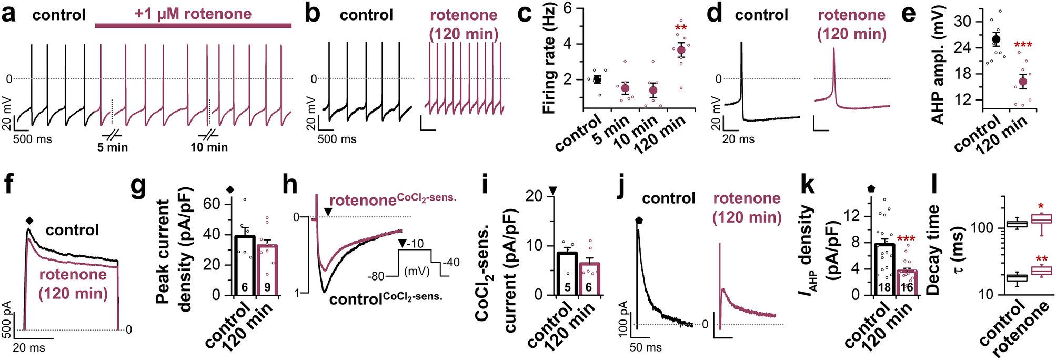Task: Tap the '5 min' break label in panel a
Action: [x=113, y=147]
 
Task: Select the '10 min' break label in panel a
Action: [x=209, y=147]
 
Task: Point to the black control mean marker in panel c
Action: [x=597, y=79]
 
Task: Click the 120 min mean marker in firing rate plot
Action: [x=681, y=50]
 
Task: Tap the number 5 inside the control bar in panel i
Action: [x=567, y=287]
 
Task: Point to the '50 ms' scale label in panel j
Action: [x=646, y=347]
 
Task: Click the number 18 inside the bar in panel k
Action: [x=883, y=287]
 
